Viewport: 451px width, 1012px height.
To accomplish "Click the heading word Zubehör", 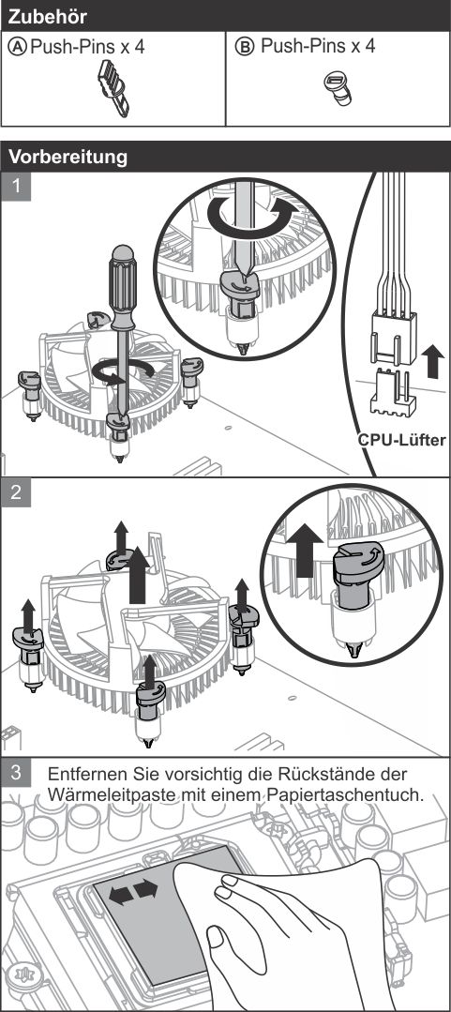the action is [x=47, y=16].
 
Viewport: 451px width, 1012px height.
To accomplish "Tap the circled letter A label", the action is [x=18, y=47].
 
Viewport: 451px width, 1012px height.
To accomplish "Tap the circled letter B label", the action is [x=245, y=47].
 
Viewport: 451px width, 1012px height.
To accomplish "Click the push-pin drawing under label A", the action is [x=114, y=88].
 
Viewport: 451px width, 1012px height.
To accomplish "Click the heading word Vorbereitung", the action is [x=68, y=157].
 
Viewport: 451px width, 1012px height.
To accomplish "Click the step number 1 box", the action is [x=16, y=187].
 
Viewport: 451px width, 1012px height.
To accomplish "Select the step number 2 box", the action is [x=16, y=492].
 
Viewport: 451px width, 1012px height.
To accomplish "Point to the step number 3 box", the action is [x=16, y=773].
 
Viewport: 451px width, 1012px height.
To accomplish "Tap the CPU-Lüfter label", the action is [x=402, y=440].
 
